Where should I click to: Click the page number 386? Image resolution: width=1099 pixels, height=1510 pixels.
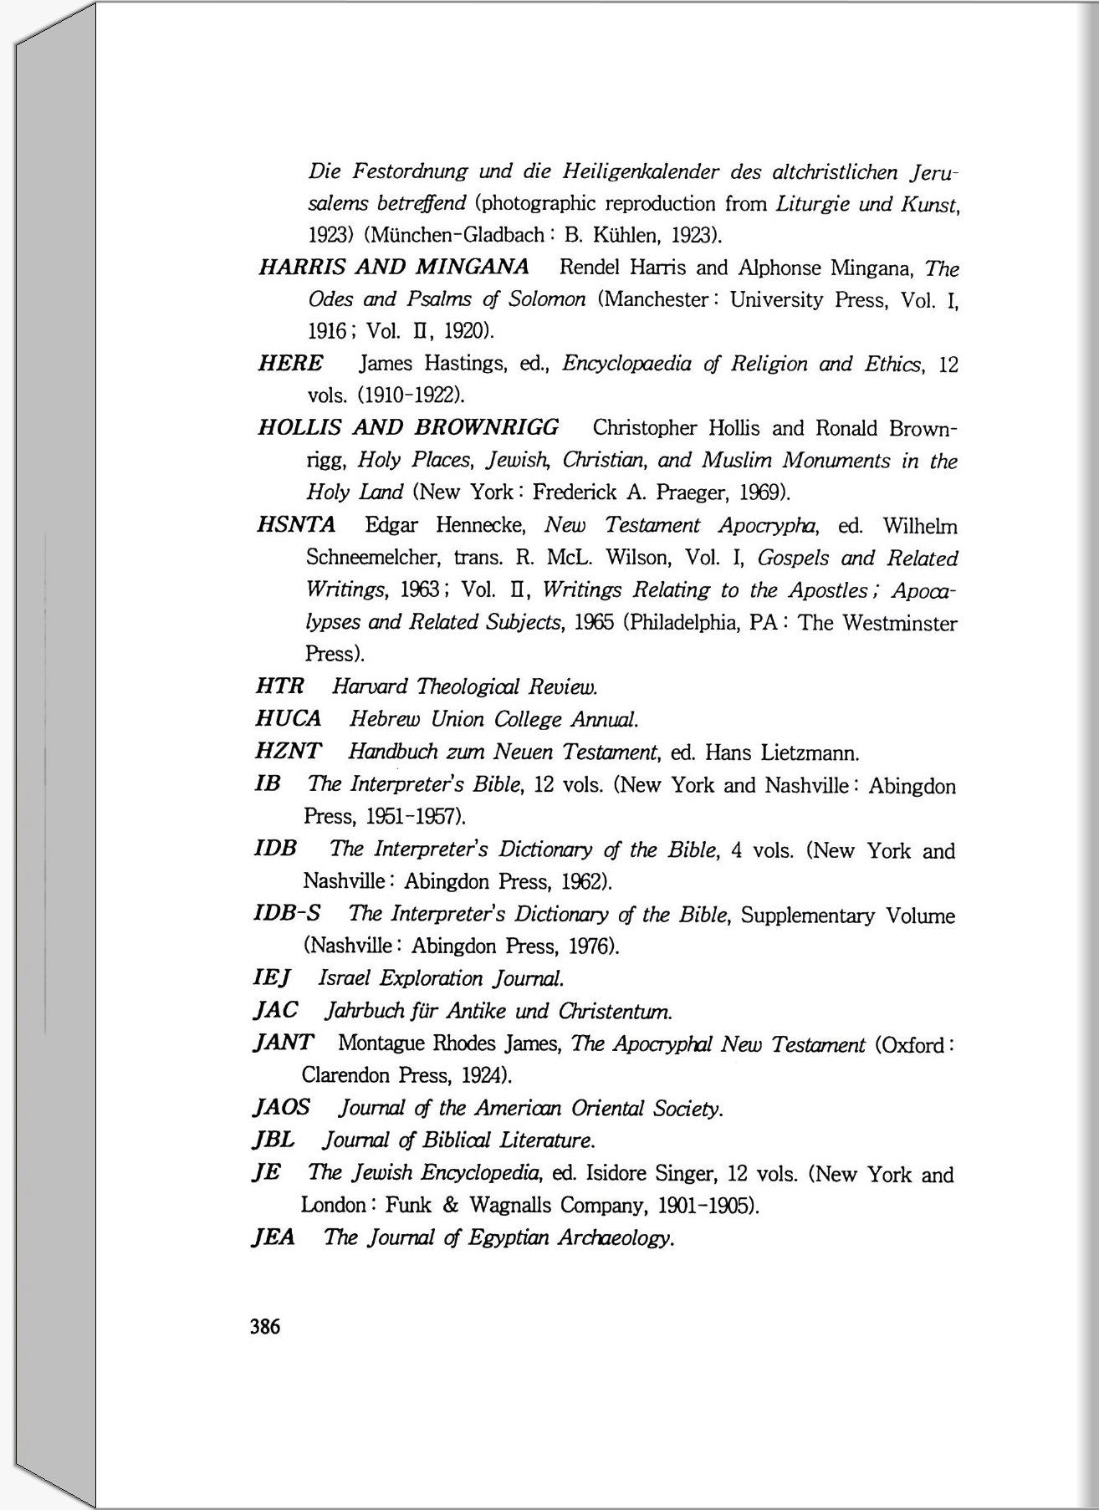[x=265, y=1326]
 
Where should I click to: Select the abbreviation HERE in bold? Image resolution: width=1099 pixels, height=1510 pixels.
[x=290, y=364]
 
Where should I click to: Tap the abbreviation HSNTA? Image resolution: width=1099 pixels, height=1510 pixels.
[x=296, y=525]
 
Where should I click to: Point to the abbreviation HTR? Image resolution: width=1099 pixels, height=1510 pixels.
[x=280, y=686]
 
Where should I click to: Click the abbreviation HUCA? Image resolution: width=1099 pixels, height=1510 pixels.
[x=289, y=719]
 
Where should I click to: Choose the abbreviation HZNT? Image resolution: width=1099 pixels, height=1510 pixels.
[x=289, y=752]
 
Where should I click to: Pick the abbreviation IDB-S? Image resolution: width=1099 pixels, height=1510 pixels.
[x=288, y=913]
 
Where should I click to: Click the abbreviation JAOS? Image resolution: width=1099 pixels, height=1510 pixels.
[x=281, y=1108]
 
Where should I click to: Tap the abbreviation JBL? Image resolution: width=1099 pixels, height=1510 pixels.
[x=273, y=1140]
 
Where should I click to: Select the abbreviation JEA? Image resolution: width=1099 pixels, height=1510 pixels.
[x=273, y=1237]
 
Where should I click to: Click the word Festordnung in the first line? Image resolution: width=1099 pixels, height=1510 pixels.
[x=410, y=172]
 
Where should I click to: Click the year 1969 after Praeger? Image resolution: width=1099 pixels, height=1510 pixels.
[x=762, y=492]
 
